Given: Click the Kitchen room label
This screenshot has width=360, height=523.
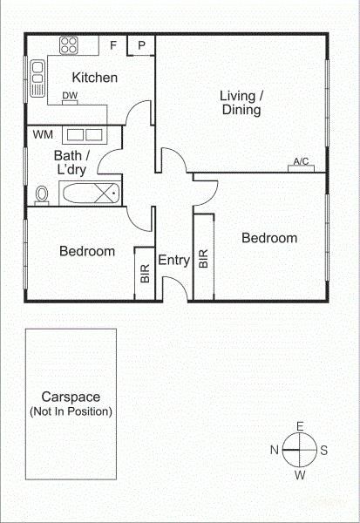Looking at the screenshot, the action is pos(95,78).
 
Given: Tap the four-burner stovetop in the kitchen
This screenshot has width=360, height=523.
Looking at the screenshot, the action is pos(69,45).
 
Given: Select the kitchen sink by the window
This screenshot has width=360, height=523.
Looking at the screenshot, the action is pos(37,78).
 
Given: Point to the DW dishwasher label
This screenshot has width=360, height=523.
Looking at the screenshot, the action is pos(70,95).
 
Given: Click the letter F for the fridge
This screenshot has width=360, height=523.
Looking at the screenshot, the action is pos(113,45).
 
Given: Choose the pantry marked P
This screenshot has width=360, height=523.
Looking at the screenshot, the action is pos(141,45).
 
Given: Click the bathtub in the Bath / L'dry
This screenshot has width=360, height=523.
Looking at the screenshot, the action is pos(90,194).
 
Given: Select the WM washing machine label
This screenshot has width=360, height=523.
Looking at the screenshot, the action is pos(43,135).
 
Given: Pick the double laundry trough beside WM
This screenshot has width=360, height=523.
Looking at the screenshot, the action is pos(85,135).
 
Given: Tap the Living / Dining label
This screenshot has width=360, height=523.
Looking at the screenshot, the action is pos(241,103).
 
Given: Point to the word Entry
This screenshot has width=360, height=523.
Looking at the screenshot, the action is pos(173,260).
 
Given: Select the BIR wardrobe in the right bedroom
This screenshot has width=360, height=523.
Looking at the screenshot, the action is pos(203,257).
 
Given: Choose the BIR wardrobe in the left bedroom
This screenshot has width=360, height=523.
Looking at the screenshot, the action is pos(145,274).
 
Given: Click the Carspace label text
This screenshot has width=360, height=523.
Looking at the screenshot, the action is pos(71,397).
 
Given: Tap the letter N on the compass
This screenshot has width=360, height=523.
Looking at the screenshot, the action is pos(275,450).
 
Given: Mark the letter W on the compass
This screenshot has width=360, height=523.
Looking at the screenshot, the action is pos(300,475).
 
